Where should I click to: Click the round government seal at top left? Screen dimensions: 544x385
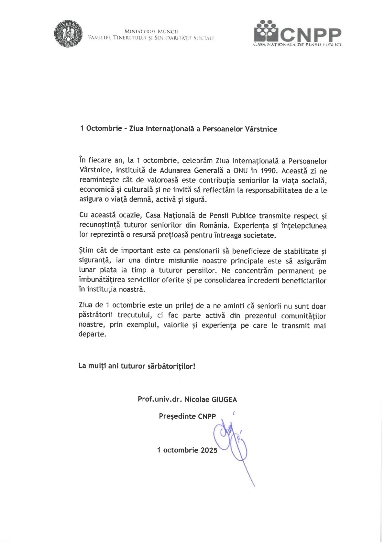click(68, 34)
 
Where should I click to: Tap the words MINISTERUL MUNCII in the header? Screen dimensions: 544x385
click(151, 31)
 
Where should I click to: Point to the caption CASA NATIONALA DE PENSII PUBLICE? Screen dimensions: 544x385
click(297, 45)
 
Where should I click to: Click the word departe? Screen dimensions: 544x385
click(92, 334)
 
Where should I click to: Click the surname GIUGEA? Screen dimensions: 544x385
click(224, 400)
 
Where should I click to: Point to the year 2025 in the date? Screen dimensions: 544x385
click(209, 450)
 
